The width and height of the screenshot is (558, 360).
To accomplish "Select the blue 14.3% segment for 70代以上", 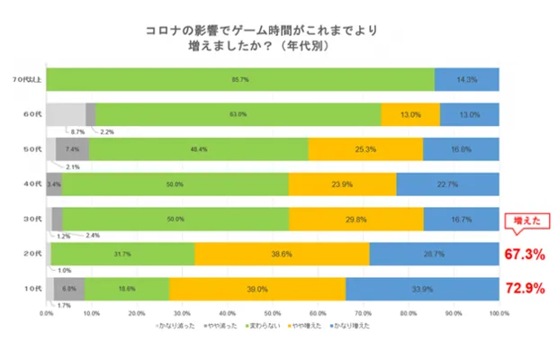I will (x=467, y=79).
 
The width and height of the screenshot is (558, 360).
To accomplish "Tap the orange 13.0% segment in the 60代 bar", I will (x=410, y=114).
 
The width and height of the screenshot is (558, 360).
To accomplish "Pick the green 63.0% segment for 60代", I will (x=238, y=114).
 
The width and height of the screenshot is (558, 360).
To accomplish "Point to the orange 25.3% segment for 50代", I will (x=365, y=149).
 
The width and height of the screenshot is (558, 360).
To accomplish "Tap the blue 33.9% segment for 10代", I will (x=422, y=289).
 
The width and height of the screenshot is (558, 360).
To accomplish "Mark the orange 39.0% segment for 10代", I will (x=257, y=289).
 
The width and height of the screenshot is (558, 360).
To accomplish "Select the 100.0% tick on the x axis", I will (x=499, y=314).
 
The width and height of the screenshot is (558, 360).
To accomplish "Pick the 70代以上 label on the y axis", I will (x=22, y=79).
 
